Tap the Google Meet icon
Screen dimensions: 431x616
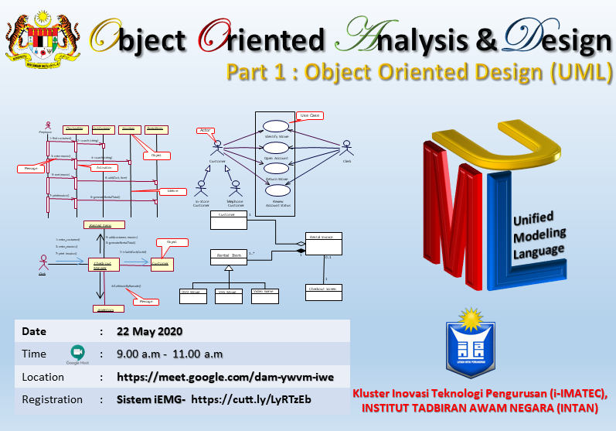coord(77,353)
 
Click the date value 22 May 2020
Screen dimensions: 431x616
coord(149,331)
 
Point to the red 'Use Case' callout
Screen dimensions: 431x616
coord(308,115)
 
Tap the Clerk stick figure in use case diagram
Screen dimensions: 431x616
coord(347,147)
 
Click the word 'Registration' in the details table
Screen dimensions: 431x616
coord(53,399)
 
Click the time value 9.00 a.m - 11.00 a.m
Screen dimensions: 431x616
coord(169,354)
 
